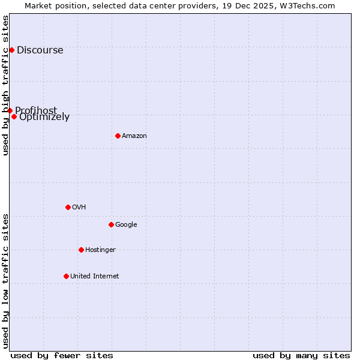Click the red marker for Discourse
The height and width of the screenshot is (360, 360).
pos(11,50)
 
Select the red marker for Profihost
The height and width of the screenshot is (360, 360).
pos(10,110)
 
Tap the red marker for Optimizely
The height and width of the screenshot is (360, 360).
pos(14,116)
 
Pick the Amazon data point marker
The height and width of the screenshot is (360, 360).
pos(118,136)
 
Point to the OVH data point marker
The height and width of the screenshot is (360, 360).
pos(68,207)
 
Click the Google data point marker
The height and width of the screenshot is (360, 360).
pos(111,224)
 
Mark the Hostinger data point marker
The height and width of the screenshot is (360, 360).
pos(81,250)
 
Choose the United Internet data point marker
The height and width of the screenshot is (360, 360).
pos(66,276)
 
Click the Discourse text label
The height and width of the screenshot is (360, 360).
pos(40,50)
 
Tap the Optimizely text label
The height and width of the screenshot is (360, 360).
pos(44,117)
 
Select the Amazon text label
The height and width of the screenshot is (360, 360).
pos(134,136)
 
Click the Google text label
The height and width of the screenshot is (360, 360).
pos(126,225)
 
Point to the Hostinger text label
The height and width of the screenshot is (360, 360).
pos(100,250)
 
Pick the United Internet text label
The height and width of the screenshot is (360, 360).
pos(95,277)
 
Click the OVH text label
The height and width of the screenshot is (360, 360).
pos(79,208)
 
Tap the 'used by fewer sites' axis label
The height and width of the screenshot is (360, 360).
pos(62,355)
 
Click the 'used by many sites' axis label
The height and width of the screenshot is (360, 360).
pos(301,355)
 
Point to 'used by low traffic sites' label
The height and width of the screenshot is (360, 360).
pos(6,281)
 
